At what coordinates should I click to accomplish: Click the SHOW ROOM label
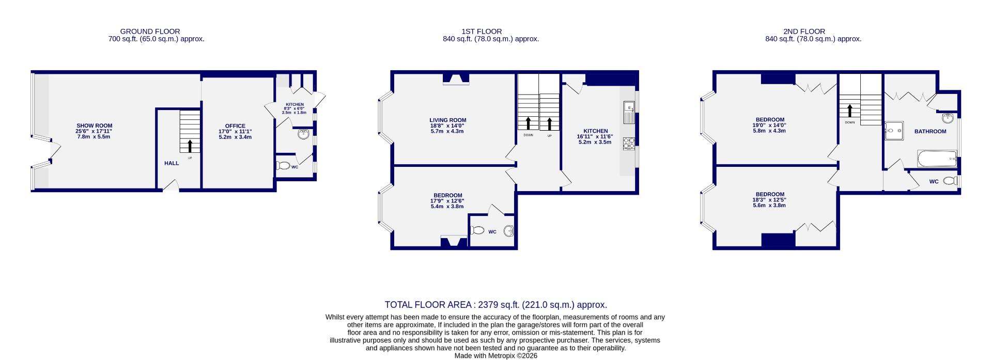(94, 126)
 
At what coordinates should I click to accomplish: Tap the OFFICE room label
(235, 126)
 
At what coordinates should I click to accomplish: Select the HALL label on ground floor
(172, 163)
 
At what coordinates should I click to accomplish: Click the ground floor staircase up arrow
(190, 146)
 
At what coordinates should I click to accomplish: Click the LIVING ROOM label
(447, 120)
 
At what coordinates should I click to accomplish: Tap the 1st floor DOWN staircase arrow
(528, 123)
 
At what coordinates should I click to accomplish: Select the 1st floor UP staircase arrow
(549, 123)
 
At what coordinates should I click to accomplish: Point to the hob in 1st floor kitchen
(629, 143)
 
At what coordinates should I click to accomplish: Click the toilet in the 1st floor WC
(477, 230)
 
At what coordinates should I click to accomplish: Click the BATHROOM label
(930, 131)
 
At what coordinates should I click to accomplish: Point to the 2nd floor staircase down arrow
(849, 111)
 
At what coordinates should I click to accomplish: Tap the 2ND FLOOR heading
(813, 32)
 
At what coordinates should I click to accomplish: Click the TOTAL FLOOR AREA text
(495, 305)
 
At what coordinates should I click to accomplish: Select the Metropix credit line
(495, 355)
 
